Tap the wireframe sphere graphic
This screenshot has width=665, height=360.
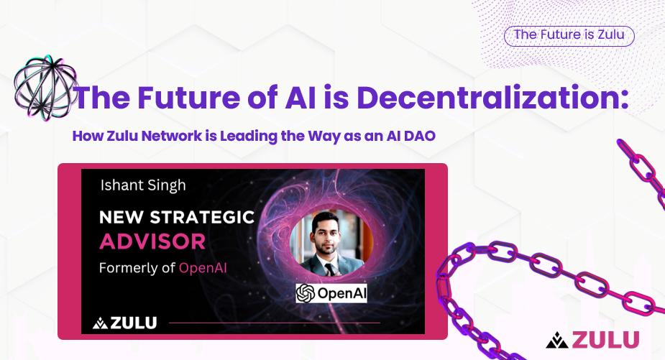[x=46, y=88]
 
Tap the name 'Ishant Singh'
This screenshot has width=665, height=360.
[x=143, y=185]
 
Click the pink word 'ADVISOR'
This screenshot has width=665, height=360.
[x=152, y=241]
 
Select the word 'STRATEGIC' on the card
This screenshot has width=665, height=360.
[x=202, y=217]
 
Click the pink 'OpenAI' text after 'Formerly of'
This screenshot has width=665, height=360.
[x=203, y=268]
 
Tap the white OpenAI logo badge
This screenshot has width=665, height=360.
[x=331, y=293]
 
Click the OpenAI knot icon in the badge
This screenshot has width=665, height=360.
[x=306, y=293]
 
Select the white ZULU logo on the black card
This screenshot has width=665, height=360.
[x=124, y=323]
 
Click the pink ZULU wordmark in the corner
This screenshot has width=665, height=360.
[x=605, y=340]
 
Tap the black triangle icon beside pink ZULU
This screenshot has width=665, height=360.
[x=557, y=340]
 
